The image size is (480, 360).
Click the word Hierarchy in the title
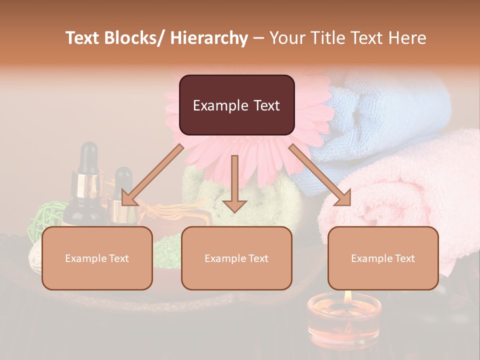209,38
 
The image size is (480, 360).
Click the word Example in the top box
214,105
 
